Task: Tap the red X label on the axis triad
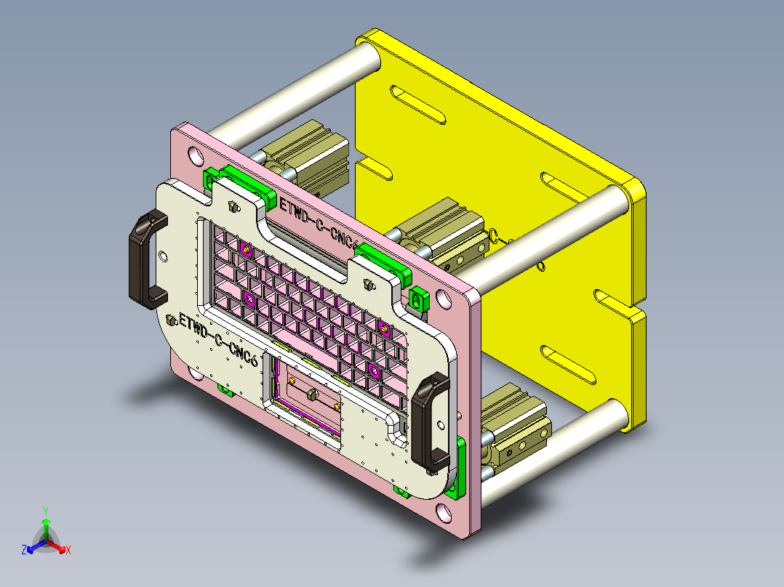pyautogui.click(x=68, y=551)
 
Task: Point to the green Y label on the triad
pyautogui.click(x=45, y=510)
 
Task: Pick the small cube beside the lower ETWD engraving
pyautogui.click(x=172, y=320)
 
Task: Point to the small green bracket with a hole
pyautogui.click(x=417, y=298)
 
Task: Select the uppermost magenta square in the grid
pyautogui.click(x=247, y=251)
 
